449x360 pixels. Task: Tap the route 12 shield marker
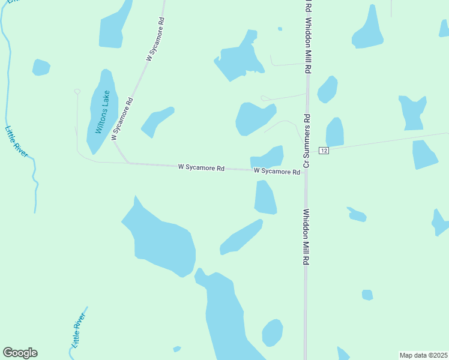point(324,149)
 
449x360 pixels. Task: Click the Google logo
point(20,353)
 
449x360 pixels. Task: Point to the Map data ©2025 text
point(423,355)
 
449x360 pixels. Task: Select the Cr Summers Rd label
point(306,140)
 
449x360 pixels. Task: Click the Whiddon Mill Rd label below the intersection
point(306,237)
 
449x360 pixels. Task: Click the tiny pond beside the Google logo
point(176,349)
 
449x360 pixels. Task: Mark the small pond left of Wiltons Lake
point(41,67)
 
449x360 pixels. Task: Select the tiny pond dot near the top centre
point(280,28)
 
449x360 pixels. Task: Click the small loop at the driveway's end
point(77,91)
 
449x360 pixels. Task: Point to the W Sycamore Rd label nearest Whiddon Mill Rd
point(277,172)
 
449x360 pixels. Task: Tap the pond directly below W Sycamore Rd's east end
point(265,197)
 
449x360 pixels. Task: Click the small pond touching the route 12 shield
point(335,131)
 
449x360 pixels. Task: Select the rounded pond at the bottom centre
point(273,333)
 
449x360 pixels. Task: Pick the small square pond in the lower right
point(367,295)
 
